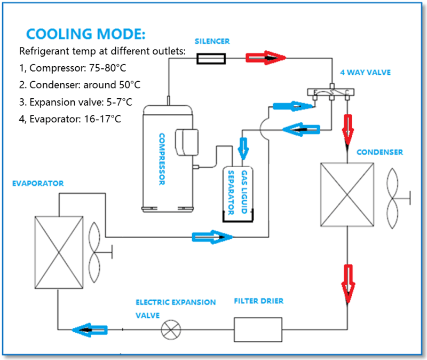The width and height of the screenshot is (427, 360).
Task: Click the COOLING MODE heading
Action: [86, 34]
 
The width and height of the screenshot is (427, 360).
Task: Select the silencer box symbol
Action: [211, 58]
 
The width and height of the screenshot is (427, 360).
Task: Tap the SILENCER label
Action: [211, 41]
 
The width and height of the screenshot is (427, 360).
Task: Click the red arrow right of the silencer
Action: [265, 58]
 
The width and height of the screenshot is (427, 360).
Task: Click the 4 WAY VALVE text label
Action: [364, 73]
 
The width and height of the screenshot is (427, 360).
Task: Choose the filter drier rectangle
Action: [258, 329]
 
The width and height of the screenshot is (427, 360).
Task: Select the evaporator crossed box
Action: [59, 252]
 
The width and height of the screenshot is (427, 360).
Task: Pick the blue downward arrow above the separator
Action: [244, 148]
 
